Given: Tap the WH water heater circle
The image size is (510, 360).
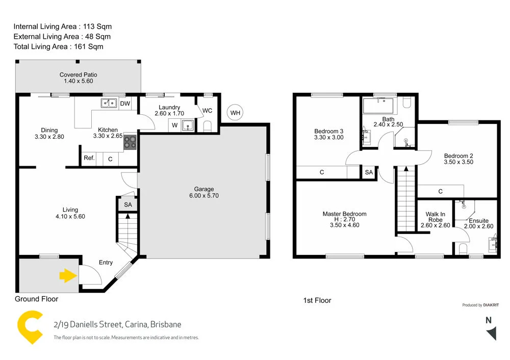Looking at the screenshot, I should tap(235, 113).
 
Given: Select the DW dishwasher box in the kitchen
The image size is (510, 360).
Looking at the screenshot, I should tap(125, 104).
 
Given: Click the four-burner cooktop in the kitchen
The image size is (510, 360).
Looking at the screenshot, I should tap(130, 142).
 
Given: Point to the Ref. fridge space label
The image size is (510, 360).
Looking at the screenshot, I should tap(89, 159).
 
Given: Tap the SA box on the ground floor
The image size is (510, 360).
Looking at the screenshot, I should tap(127, 204).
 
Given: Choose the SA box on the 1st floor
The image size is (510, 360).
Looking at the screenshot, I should tap(369, 173).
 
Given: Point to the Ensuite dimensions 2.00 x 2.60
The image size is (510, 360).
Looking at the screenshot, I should tap(479, 227).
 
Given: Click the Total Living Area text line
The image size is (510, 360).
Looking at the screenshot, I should tap(58, 47).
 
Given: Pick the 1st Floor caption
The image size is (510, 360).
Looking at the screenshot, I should tap(317, 301).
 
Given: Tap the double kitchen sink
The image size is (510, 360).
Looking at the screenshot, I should tap(109, 104).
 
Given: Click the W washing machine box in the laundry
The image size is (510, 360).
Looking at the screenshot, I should tap(174, 125).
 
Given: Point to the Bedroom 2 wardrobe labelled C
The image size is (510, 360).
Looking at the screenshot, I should tap(440, 191).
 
